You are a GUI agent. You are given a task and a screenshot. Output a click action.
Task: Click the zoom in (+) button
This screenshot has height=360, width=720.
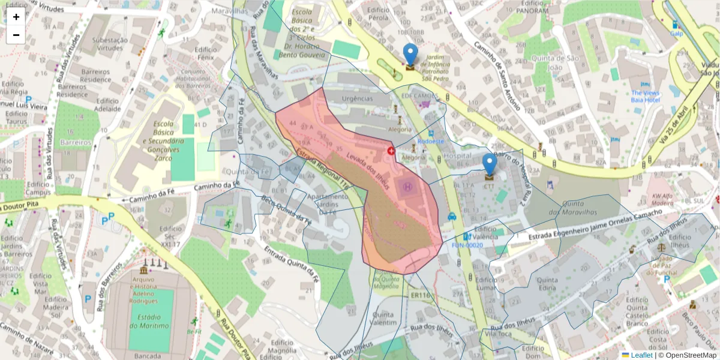[x=16, y=17]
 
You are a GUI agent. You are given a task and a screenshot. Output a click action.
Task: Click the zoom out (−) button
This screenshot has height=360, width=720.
[x=16, y=35]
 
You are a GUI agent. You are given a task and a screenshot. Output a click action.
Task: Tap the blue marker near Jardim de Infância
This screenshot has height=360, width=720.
[x=410, y=55]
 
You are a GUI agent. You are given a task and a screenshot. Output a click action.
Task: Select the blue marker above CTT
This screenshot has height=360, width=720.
[x=490, y=164]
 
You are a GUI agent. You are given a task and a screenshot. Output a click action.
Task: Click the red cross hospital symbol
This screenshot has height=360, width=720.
[x=391, y=151]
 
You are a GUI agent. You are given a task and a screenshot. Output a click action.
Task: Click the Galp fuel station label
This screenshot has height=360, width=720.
[x=677, y=34]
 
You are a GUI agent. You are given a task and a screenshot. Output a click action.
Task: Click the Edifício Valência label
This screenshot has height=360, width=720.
[x=485, y=232]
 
